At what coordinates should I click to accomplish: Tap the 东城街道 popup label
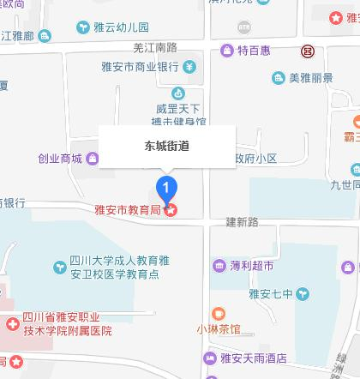coord(167,146)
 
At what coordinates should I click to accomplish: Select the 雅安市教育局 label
coord(129,208)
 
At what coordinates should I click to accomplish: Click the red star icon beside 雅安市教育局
coord(172,208)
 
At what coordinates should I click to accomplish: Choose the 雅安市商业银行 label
coord(135,67)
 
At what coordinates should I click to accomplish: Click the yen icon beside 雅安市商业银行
coord(188,67)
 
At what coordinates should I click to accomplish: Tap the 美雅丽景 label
coord(309,78)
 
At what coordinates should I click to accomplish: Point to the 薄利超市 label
coord(252,266)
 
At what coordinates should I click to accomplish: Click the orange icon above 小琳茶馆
coord(218,313)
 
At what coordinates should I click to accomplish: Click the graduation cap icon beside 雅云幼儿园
coord(83,27)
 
